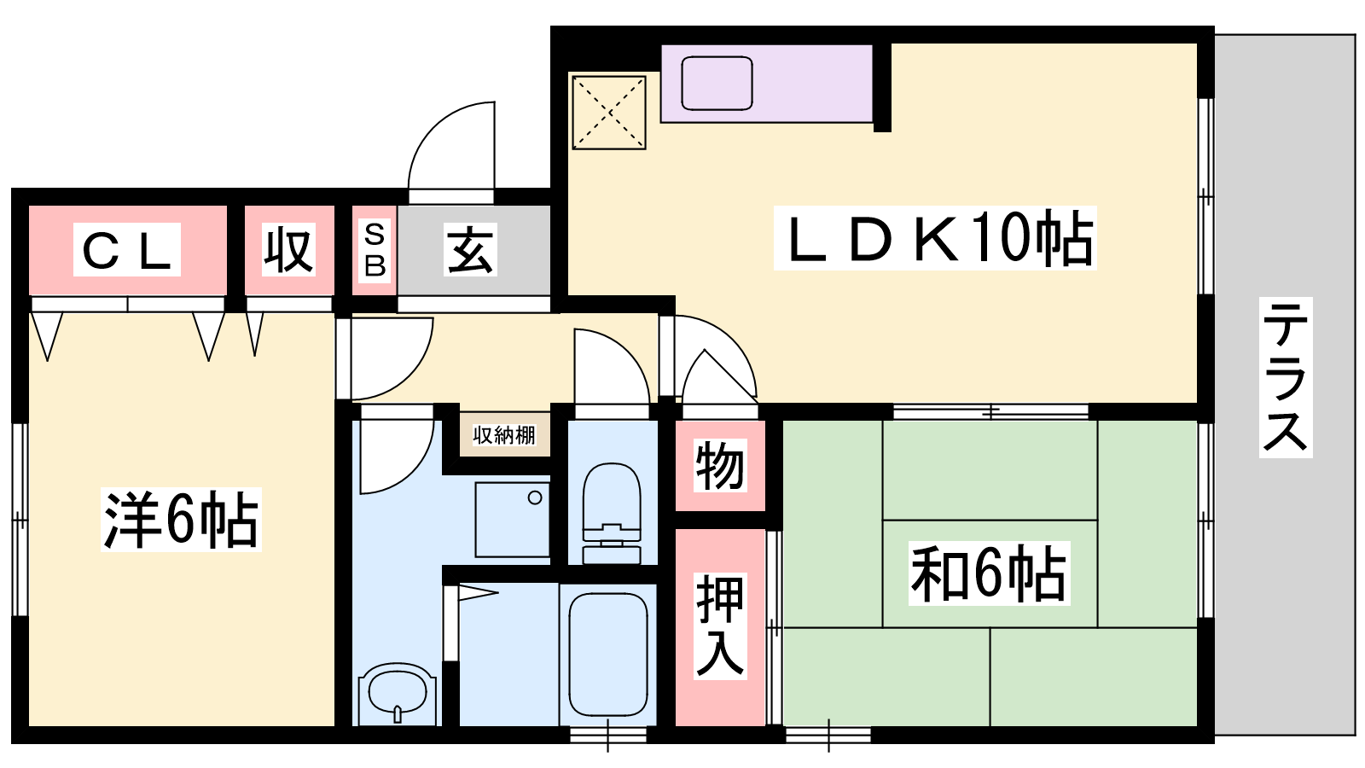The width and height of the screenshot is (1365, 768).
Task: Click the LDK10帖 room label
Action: [x=935, y=238]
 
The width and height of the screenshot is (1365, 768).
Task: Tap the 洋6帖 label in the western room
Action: [x=181, y=520]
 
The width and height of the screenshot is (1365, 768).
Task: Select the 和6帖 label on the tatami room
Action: [x=989, y=573]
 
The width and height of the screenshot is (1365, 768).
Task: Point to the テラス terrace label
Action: [x=1286, y=377]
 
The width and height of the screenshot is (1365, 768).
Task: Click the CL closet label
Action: [x=127, y=250]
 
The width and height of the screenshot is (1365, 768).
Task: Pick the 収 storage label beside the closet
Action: [x=289, y=250]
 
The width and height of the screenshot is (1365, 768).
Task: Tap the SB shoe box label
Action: [x=375, y=251]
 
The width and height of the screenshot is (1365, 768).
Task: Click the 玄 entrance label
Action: [x=470, y=250]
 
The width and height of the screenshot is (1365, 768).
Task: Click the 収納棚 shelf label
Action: [x=504, y=435]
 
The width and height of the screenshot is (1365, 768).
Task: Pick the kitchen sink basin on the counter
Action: [x=717, y=84]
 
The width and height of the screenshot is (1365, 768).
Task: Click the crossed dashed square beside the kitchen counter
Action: [x=609, y=112]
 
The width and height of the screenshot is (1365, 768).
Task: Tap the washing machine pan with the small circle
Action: [x=513, y=520]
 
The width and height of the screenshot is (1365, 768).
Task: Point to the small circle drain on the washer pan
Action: [x=534, y=498]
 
